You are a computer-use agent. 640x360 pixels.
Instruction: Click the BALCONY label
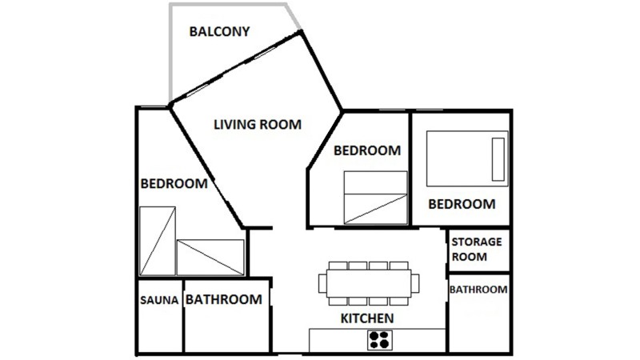pyautogui.click(x=219, y=31)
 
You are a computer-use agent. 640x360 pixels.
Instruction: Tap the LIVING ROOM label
pyautogui.click(x=258, y=124)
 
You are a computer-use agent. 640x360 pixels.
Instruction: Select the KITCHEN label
pyautogui.click(x=367, y=318)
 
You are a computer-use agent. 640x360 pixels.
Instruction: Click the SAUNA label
pyautogui.click(x=159, y=300)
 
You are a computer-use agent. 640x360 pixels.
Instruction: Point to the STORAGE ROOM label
pyautogui.click(x=476, y=249)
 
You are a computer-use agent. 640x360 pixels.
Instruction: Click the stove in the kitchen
pyautogui.click(x=379, y=340)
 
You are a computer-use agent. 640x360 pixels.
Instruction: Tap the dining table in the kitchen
pyautogui.click(x=369, y=283)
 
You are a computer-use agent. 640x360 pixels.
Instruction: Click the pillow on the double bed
pyautogui.click(x=498, y=159)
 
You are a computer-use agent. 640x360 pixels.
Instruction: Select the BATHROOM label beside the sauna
pyautogui.click(x=224, y=299)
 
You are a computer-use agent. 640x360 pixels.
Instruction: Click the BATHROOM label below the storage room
pyautogui.click(x=478, y=290)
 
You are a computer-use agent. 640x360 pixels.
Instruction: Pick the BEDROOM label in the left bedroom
pyautogui.click(x=174, y=183)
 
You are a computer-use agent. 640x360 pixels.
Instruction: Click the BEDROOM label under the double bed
pyautogui.click(x=462, y=204)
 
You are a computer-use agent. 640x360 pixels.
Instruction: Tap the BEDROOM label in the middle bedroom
pyautogui.click(x=367, y=150)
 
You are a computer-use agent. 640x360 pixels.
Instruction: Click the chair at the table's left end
pyautogui.click(x=322, y=283)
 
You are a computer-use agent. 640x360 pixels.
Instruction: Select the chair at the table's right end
pyautogui.click(x=415, y=283)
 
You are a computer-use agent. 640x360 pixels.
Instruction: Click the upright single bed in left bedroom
pyautogui.click(x=158, y=242)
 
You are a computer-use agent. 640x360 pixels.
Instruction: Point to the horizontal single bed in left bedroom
pyautogui.click(x=210, y=258)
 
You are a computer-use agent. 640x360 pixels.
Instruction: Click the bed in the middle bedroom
pyautogui.click(x=375, y=198)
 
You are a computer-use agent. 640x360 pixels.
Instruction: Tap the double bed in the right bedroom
pyautogui.click(x=467, y=158)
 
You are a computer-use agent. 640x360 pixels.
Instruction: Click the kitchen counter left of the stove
pyautogui.click(x=338, y=340)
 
